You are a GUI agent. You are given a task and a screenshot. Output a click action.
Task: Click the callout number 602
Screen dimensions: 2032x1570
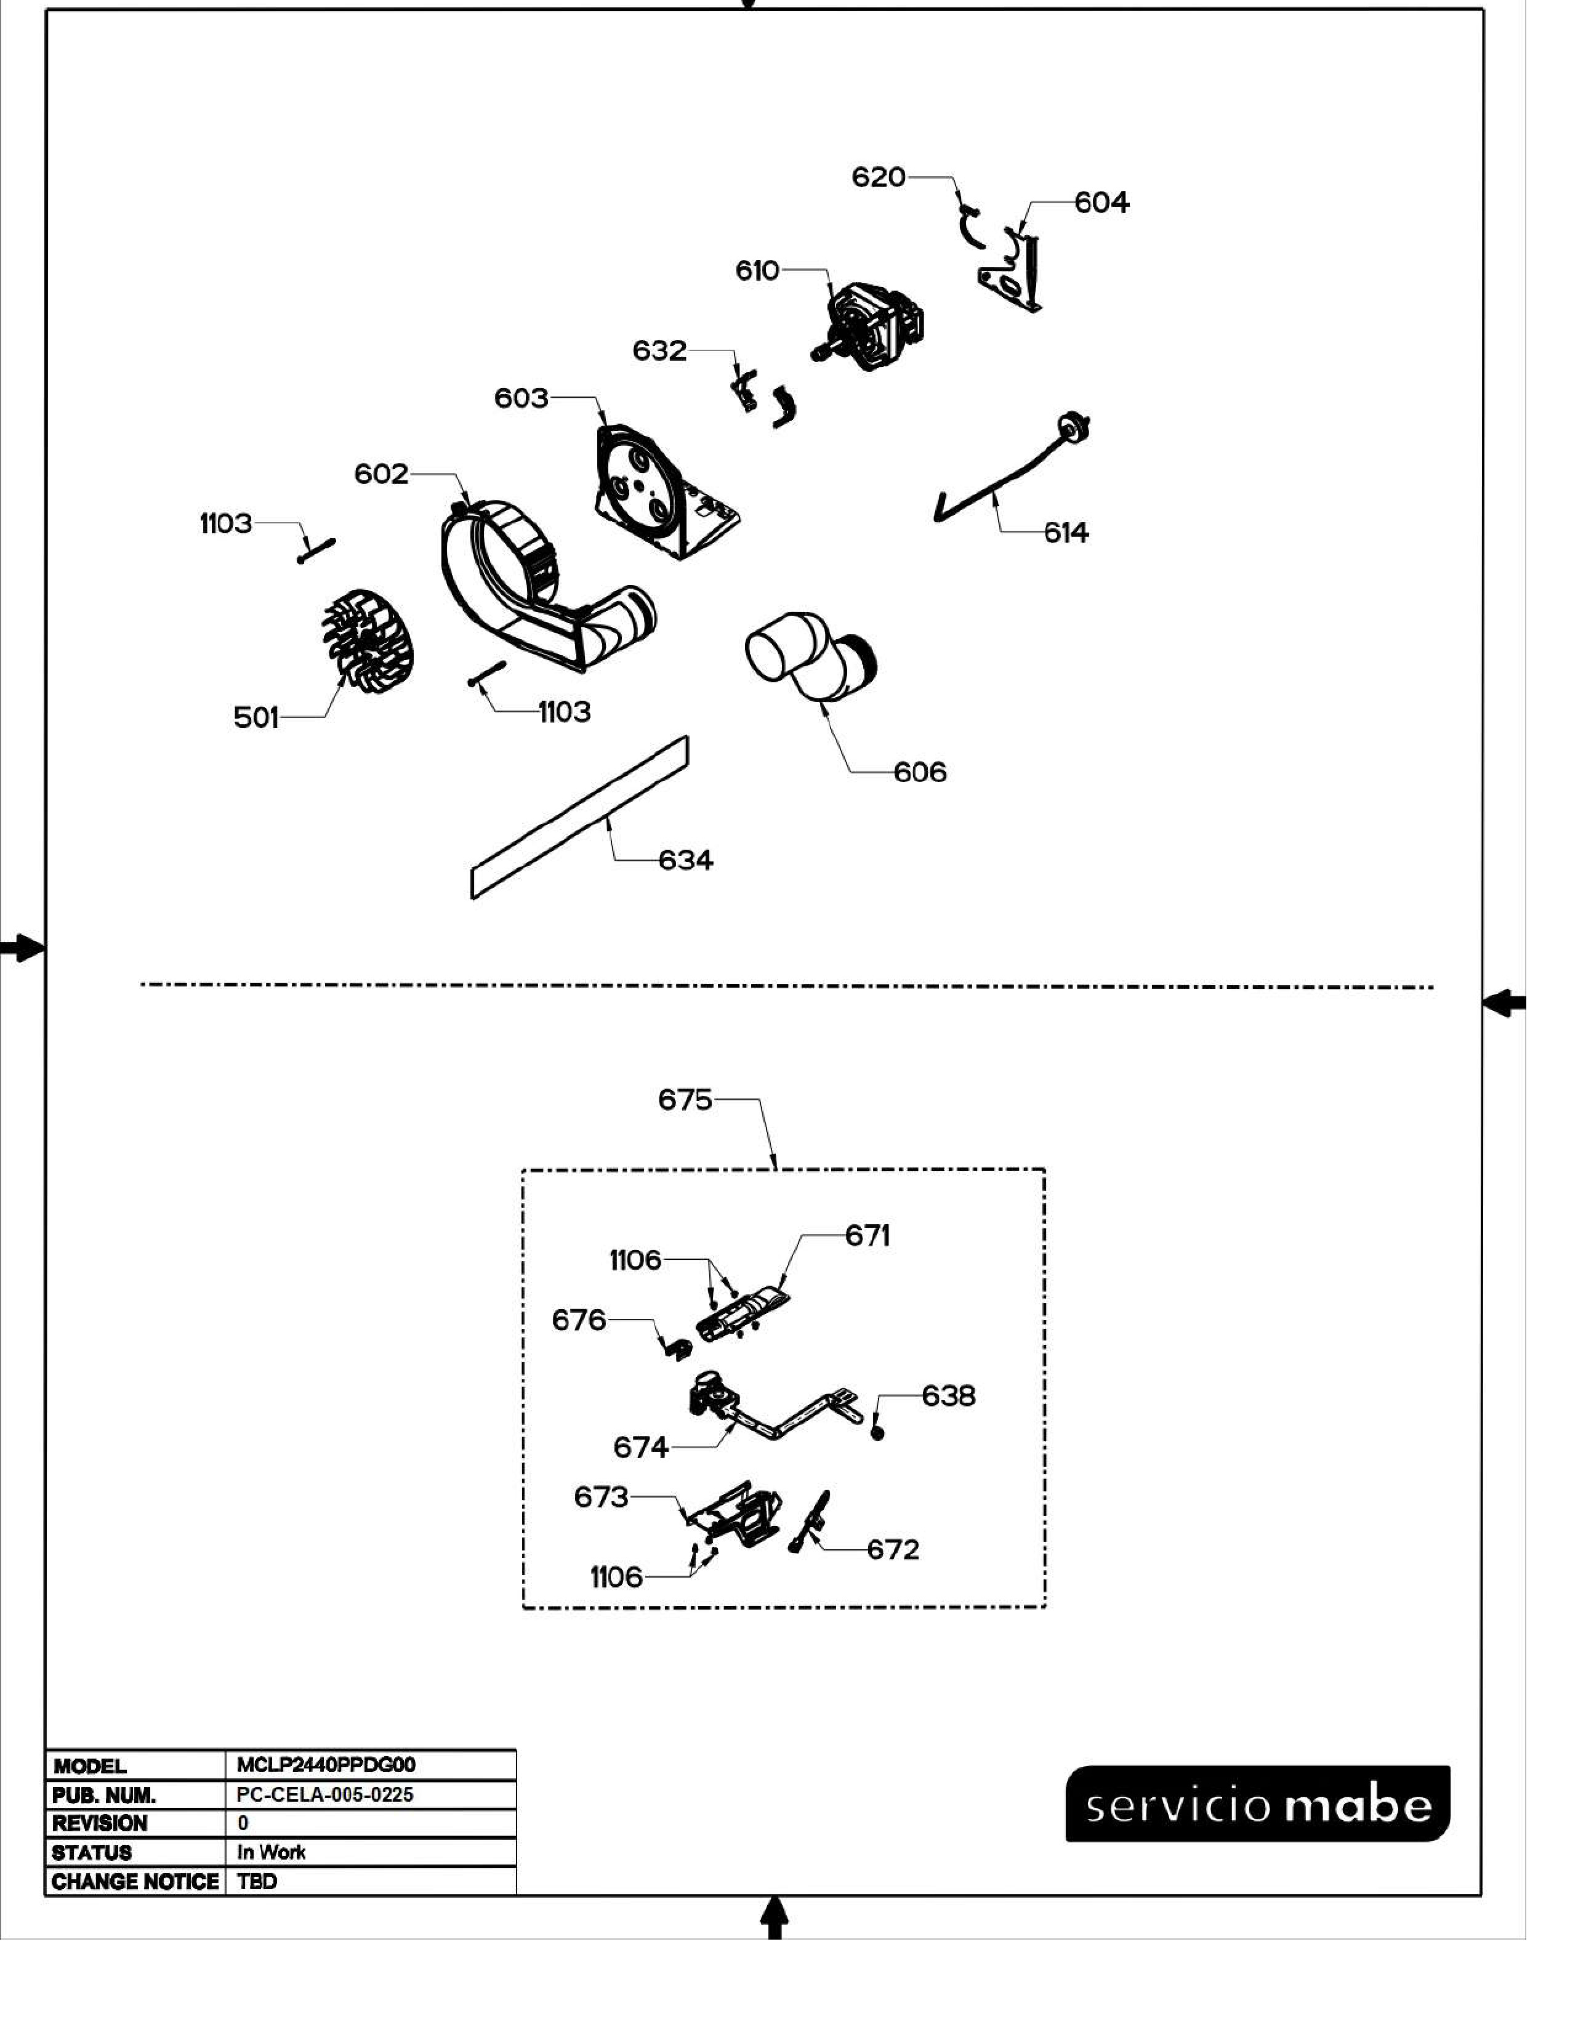tap(381, 475)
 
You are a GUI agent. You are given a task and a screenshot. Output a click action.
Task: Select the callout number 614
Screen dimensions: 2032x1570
tap(1066, 533)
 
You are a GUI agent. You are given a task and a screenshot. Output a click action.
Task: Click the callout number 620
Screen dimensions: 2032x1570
tap(878, 177)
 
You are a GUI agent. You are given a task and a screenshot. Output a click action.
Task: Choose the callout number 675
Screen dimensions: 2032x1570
tap(685, 1100)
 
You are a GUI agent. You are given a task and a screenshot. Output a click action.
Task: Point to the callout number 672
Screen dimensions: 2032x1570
tap(893, 1549)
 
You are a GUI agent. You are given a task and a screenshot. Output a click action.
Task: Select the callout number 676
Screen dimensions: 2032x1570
tap(579, 1320)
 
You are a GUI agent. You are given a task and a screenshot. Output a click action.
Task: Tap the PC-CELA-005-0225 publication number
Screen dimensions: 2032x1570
tap(324, 1795)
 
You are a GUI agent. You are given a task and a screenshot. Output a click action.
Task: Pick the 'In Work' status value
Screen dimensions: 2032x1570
tap(271, 1852)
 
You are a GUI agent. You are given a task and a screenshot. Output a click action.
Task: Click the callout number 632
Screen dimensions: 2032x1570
tap(659, 351)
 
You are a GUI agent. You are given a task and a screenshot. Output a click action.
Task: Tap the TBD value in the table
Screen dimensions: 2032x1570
tap(257, 1881)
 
